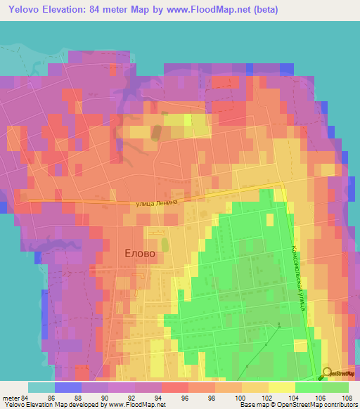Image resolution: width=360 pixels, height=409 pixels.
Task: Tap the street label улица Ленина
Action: point(163,202)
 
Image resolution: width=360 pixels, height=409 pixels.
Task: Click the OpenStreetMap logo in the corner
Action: point(337,372)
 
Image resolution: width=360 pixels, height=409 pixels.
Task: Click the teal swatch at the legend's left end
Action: point(41,387)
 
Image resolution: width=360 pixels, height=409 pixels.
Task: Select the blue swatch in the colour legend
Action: point(68,387)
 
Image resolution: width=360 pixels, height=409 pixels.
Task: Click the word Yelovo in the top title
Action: point(25,10)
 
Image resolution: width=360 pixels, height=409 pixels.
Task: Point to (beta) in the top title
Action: point(266,10)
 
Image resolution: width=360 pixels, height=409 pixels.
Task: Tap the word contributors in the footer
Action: point(340,405)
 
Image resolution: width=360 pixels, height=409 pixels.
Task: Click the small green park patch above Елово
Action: point(165,245)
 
